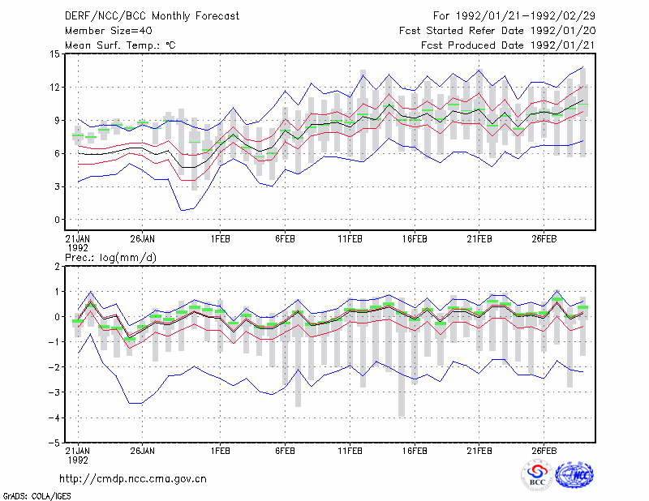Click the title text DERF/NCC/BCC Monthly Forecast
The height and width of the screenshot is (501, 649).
[152, 16]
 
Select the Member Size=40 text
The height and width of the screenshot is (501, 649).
[109, 31]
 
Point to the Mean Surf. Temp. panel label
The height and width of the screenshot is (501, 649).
[120, 45]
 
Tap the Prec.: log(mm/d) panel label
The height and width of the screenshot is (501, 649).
[110, 258]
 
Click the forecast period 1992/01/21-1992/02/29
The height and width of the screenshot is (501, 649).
[514, 16]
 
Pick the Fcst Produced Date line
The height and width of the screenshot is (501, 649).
[509, 45]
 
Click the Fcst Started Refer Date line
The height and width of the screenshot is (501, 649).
[497, 31]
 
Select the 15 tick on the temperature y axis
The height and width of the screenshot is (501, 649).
[55, 54]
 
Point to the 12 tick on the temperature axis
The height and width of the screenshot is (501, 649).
[55, 88]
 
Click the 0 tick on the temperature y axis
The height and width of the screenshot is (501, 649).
[57, 220]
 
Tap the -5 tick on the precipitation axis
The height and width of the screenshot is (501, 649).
[54, 443]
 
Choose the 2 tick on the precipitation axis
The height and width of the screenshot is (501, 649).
[57, 267]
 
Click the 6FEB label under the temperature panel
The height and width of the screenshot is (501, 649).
[286, 239]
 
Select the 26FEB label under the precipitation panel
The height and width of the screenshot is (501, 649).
[544, 451]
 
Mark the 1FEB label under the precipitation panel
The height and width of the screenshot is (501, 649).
[220, 451]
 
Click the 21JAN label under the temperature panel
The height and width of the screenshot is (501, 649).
[78, 239]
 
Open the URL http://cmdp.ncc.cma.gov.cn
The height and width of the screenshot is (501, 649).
[133, 479]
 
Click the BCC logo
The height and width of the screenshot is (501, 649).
[537, 475]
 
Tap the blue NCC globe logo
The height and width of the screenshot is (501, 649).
[574, 475]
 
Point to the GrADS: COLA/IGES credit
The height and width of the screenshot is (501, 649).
[37, 496]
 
